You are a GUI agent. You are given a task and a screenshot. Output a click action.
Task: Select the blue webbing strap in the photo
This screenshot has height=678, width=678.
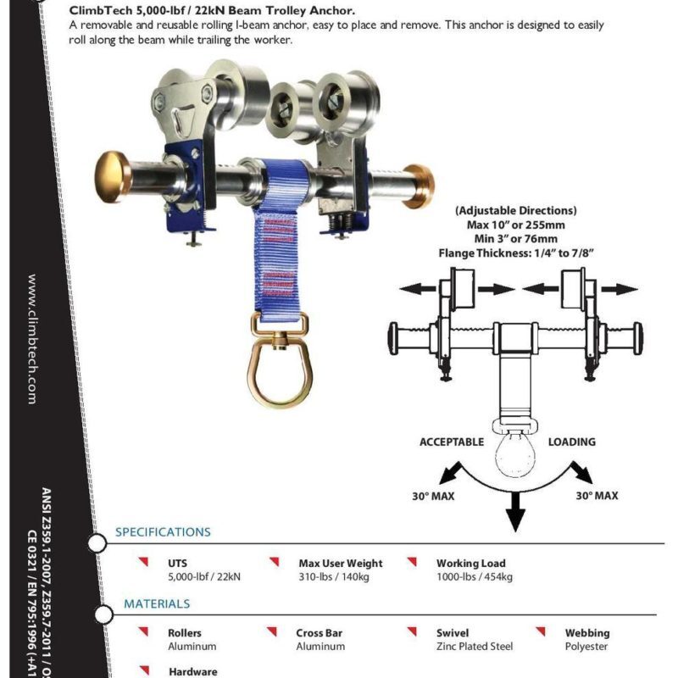point(272,254)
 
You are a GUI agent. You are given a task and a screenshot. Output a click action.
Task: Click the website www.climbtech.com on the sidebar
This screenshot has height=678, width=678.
point(32,338)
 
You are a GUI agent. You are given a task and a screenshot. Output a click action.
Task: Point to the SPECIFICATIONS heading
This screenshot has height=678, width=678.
point(163,532)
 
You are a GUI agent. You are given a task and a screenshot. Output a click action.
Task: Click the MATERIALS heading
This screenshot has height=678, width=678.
point(157,604)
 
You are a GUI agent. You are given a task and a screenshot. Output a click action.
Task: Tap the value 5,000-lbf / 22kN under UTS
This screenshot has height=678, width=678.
point(204,577)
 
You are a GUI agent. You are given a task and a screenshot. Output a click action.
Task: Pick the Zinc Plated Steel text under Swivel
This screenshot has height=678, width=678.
point(475,647)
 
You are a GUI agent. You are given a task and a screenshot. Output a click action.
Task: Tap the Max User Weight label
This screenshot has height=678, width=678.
point(341,564)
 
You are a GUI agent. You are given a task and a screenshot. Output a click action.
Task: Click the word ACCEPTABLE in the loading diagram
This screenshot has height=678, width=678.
point(452,442)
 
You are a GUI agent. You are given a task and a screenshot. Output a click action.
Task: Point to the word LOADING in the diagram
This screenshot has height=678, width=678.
point(572,442)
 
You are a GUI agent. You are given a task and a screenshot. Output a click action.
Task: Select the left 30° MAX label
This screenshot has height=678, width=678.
point(433,496)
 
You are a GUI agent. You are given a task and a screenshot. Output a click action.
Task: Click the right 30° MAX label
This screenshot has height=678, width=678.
point(597,496)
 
